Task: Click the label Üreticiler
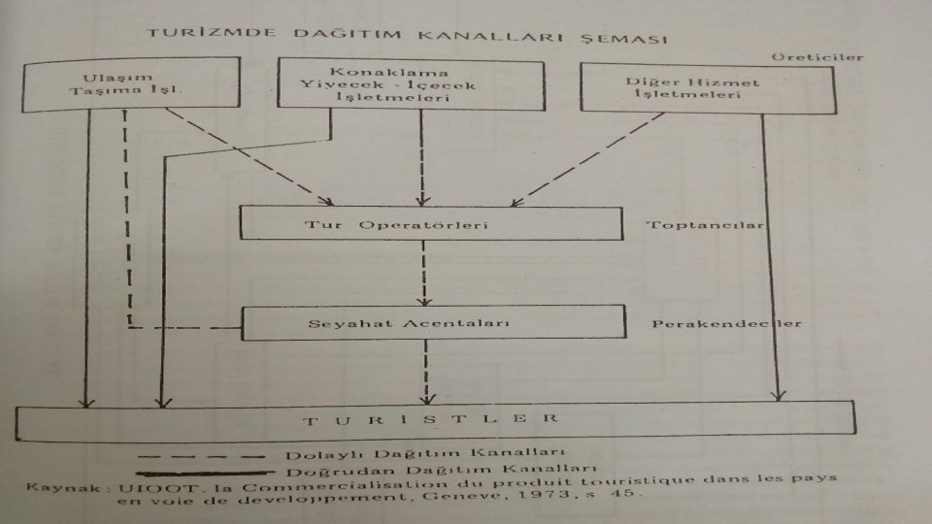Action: pos(830,57)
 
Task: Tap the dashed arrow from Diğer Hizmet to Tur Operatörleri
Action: pos(592,160)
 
